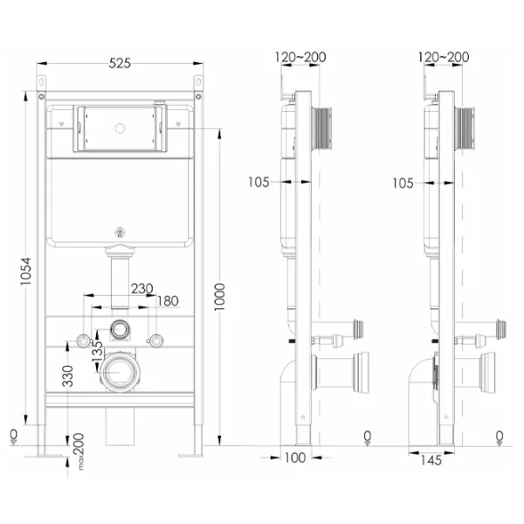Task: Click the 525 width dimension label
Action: [120, 63]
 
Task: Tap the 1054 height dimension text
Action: [25, 271]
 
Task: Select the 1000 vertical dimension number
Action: [219, 297]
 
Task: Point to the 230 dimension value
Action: [142, 288]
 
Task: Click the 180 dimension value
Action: [168, 301]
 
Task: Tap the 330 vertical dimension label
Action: [68, 376]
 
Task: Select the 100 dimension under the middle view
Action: [295, 458]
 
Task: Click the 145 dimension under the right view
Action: [431, 460]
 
